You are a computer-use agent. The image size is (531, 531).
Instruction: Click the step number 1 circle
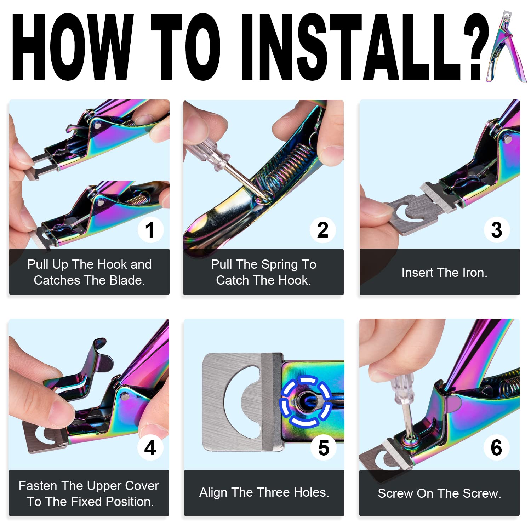tap(150, 229)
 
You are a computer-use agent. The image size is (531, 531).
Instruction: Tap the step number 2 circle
tap(323, 230)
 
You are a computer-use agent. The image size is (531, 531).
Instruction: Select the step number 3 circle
tap(497, 229)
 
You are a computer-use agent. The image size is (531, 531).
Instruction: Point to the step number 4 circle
tap(150, 447)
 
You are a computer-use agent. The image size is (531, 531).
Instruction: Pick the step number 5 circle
tap(324, 447)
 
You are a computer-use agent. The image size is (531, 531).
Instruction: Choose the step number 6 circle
tap(496, 447)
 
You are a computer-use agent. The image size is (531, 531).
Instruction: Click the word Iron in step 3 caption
tap(475, 273)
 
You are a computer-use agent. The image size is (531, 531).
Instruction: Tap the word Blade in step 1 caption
tap(127, 280)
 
